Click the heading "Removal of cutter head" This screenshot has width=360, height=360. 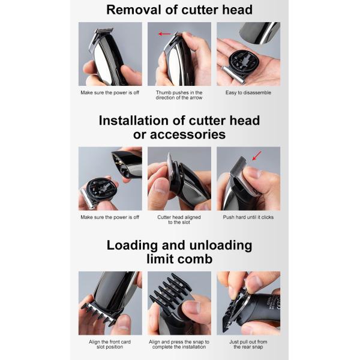click(179, 10)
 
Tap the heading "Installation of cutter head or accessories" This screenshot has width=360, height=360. click(179, 127)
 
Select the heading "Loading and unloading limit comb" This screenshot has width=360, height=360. click(179, 252)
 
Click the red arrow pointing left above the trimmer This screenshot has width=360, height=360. click(164, 34)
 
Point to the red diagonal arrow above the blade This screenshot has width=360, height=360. click(257, 155)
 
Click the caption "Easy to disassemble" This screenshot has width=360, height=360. click(248, 92)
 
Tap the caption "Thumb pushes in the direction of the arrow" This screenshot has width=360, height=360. click(179, 95)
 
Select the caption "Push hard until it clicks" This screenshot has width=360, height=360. click(248, 217)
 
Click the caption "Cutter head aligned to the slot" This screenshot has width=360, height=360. click(179, 220)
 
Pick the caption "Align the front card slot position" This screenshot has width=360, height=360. click(110, 344)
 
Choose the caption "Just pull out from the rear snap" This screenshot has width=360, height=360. click(248, 344)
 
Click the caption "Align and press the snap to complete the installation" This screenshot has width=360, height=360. click(179, 344)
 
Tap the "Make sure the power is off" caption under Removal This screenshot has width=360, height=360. click(110, 92)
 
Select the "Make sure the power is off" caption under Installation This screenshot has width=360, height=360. click(110, 217)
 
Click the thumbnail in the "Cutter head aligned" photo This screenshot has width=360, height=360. click(161, 187)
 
